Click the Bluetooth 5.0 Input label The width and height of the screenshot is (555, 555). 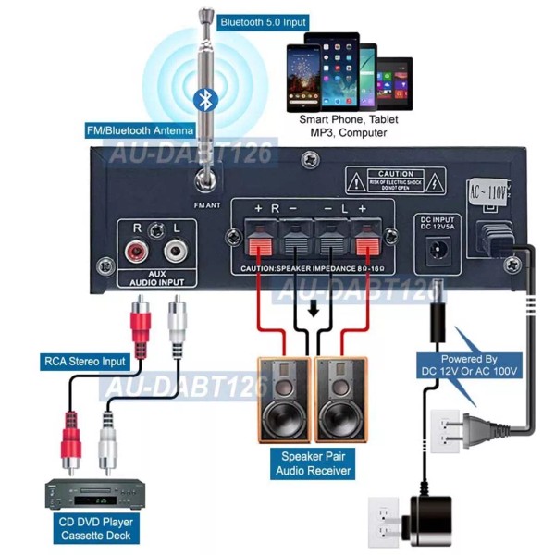click(x=263, y=20)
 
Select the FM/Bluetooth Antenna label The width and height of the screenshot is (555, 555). click(x=139, y=130)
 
